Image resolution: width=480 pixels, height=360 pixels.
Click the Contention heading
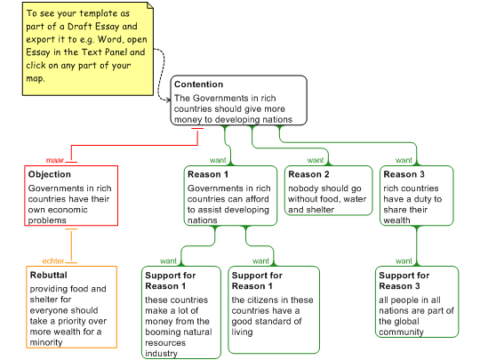tap(199, 84)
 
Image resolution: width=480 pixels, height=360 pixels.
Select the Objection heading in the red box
tap(50, 174)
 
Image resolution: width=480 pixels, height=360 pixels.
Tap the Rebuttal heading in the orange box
tap(48, 275)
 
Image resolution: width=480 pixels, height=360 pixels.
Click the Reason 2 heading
tap(308, 174)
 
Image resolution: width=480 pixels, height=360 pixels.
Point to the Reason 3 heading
tap(404, 174)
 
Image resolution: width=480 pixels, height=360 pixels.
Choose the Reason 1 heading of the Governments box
tap(208, 174)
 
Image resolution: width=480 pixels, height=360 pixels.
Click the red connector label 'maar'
tap(55, 160)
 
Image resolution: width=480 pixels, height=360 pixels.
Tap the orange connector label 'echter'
tap(53, 260)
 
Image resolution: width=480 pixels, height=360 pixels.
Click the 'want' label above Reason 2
tap(316, 160)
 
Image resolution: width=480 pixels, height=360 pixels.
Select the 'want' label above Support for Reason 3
tap(404, 260)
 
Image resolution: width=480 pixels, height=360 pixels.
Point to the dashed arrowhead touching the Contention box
tap(168, 100)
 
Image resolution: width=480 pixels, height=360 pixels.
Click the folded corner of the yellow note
tap(150, 6)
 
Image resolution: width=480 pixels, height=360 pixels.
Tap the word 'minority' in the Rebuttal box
tap(46, 342)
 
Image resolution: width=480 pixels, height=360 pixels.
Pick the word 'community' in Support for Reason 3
tap(401, 332)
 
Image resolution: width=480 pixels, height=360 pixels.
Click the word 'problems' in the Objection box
tap(47, 220)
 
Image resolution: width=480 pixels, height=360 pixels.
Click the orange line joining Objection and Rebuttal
tap(71, 245)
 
